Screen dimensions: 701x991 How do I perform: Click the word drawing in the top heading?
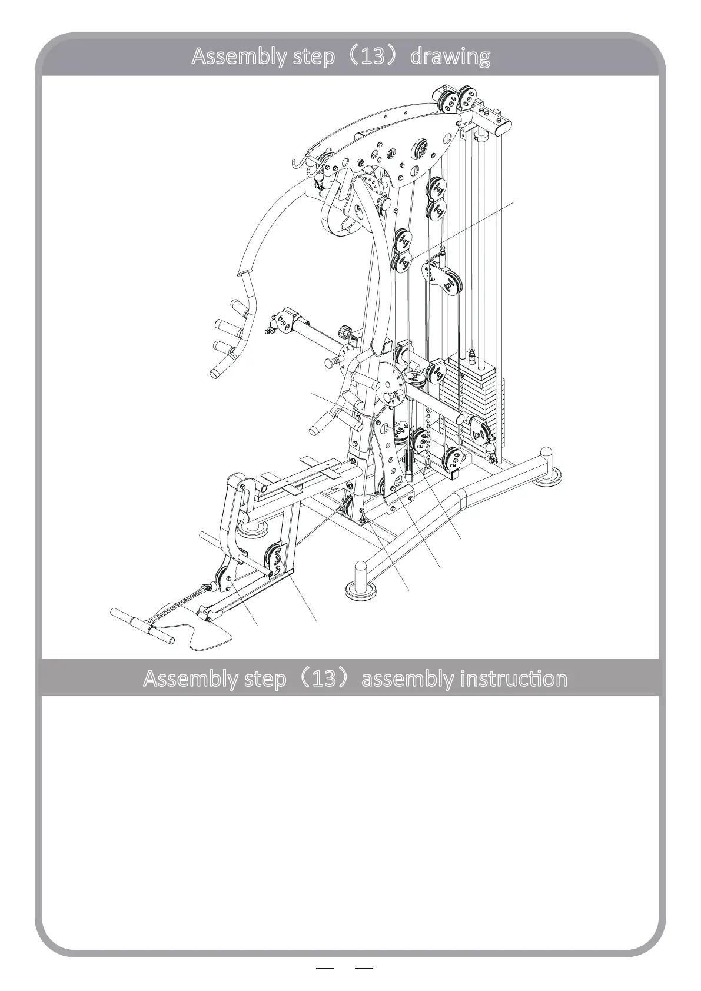pyautogui.click(x=450, y=56)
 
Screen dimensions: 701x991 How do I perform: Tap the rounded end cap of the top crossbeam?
pyautogui.click(x=504, y=126)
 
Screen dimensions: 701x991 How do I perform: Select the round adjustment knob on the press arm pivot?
pyautogui.click(x=384, y=204)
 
